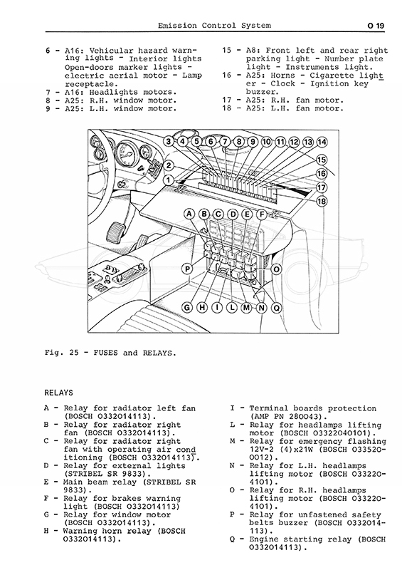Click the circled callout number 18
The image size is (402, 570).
click(322, 201)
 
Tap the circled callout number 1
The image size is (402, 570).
click(168, 180)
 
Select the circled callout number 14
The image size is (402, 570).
click(322, 142)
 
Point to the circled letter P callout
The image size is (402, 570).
click(187, 269)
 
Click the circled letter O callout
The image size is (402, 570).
click(277, 269)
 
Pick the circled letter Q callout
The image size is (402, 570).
click(277, 308)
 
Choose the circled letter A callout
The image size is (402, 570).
click(189, 214)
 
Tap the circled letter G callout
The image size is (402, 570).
click(187, 308)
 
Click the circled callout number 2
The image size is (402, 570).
click(169, 166)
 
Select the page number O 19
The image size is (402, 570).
click(376, 26)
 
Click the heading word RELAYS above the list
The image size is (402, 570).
click(58, 393)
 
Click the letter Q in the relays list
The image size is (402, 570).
click(232, 539)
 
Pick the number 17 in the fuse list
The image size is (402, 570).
click(226, 100)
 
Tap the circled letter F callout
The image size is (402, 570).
click(261, 214)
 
